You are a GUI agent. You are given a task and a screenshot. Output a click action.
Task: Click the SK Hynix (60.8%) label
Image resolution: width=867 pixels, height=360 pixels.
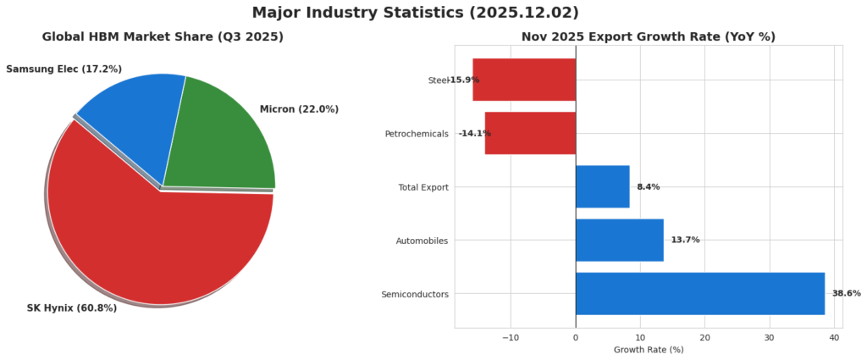tap(72, 308)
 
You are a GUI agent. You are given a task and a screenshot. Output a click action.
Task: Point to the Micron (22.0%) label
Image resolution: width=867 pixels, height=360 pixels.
tap(299, 109)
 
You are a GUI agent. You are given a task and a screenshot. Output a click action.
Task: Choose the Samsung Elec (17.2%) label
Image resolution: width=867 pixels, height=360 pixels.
tap(64, 69)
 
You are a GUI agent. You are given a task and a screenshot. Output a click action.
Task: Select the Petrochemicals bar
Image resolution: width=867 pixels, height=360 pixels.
tap(530, 133)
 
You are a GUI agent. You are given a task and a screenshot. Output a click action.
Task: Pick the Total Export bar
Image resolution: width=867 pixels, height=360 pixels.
tap(602, 186)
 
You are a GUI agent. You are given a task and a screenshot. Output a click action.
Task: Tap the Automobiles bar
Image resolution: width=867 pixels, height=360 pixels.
tap(619, 240)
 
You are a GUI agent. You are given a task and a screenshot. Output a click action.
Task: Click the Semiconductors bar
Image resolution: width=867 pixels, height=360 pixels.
tap(699, 293)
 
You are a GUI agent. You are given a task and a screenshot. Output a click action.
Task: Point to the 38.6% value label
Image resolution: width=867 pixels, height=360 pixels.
tap(846, 293)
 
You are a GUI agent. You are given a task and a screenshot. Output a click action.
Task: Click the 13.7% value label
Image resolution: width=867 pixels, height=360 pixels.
tap(685, 240)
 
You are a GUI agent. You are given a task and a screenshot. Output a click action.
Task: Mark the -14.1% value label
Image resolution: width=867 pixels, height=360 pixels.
tap(474, 133)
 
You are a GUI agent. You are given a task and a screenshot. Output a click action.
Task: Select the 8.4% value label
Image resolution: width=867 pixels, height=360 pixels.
tap(648, 186)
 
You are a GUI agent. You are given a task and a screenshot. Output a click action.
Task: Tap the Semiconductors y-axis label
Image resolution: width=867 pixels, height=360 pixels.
tap(415, 294)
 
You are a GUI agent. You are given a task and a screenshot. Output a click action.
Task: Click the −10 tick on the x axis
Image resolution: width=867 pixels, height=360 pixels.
tap(510, 337)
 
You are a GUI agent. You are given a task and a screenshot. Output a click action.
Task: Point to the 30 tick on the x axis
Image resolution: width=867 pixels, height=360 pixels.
tap(769, 337)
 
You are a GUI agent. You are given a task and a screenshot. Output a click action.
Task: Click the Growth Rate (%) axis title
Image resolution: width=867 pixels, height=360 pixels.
tap(648, 350)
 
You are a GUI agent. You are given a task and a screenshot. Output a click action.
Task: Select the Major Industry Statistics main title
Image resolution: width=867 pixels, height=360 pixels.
tap(415, 13)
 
